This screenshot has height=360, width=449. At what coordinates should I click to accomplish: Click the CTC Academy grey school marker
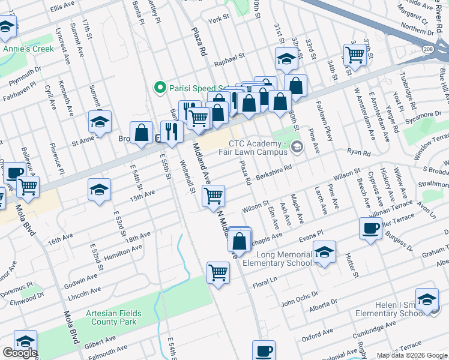click(x=297, y=147)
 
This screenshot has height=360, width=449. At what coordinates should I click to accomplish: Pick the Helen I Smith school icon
click(x=427, y=299)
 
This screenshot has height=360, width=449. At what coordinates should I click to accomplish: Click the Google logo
click(x=20, y=353)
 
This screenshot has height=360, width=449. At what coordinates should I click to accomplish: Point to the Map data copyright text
click(x=411, y=355)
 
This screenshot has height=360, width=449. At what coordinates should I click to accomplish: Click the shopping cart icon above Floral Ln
click(x=218, y=273)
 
